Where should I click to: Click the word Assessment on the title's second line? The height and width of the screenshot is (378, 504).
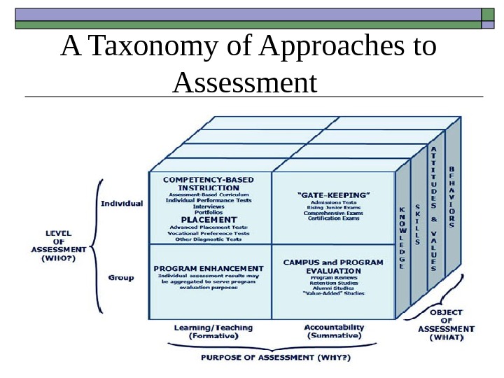(244, 83)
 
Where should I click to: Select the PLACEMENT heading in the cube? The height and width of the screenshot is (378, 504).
(209, 220)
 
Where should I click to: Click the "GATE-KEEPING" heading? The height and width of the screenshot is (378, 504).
(333, 195)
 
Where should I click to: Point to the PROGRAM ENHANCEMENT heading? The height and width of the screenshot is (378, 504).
(209, 268)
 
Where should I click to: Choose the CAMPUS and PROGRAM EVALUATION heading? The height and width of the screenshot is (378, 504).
(333, 267)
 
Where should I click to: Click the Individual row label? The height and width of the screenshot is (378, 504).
(122, 204)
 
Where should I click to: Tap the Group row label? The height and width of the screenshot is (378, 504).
(121, 278)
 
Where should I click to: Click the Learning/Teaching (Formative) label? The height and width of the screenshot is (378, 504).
(213, 332)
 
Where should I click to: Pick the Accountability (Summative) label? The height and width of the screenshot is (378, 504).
(334, 332)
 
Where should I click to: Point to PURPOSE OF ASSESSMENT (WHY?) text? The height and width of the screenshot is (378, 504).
(276, 358)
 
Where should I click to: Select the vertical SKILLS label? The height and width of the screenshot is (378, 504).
(418, 225)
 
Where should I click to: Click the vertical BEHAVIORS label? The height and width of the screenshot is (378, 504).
(451, 197)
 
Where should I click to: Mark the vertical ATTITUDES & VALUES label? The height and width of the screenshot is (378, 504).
(434, 209)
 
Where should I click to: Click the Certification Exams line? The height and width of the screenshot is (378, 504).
(332, 219)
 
